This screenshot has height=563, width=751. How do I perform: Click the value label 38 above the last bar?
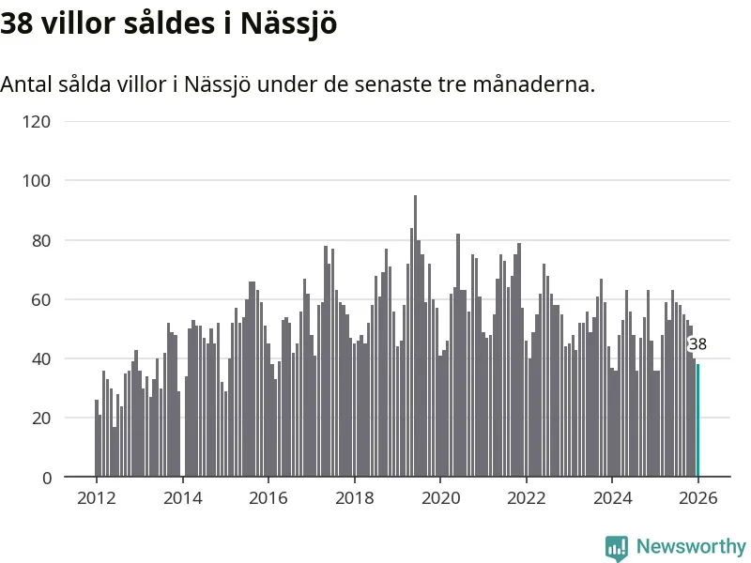(697, 344)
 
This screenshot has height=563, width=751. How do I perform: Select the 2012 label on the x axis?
(97, 498)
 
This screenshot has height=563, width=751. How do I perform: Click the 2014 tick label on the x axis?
(182, 498)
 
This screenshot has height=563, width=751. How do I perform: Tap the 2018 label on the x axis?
(354, 498)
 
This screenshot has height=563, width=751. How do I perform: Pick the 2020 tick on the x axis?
(440, 498)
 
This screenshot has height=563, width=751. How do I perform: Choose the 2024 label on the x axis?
(612, 498)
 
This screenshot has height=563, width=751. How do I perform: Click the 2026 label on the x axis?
(698, 498)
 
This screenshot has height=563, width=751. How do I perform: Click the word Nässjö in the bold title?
(288, 24)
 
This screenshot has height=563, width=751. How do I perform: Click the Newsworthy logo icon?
(617, 547)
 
